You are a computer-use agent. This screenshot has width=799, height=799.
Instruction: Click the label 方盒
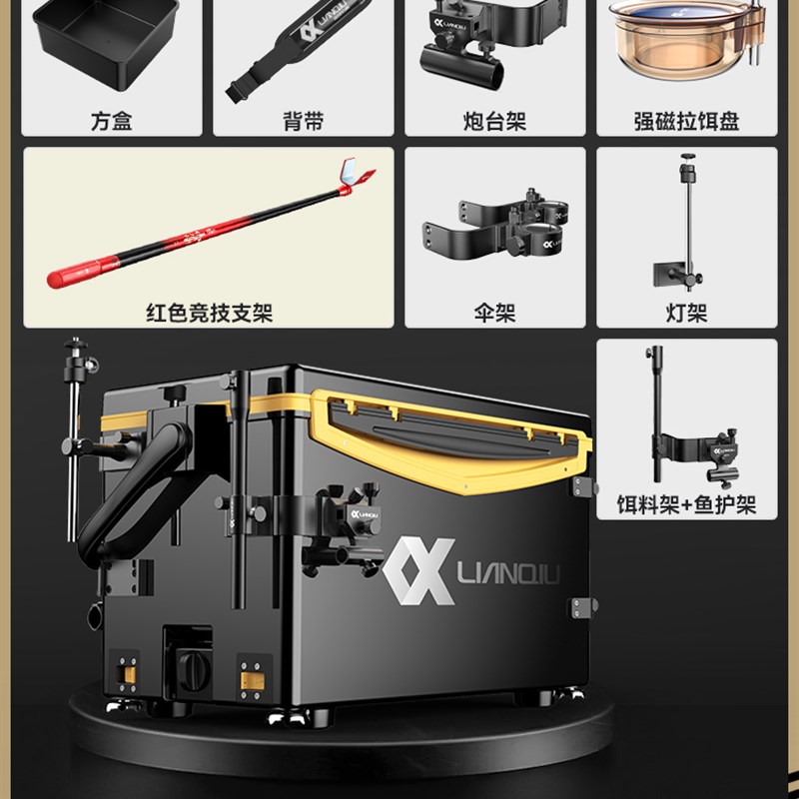tap(112, 121)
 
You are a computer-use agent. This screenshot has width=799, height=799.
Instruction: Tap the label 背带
tap(304, 121)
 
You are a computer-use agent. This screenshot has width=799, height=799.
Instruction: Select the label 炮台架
tap(494, 121)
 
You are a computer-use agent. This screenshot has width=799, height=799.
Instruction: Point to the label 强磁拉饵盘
tap(686, 121)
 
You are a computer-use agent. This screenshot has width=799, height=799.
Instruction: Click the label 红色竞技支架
tap(209, 313)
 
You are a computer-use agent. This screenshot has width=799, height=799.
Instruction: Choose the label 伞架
tap(494, 313)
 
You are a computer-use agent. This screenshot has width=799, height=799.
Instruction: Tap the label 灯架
tap(686, 313)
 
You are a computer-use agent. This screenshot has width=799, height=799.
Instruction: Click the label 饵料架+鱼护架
tap(686, 504)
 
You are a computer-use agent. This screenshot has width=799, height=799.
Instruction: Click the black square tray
tap(106, 43)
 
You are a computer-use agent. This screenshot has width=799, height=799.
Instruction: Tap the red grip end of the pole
tap(82, 272)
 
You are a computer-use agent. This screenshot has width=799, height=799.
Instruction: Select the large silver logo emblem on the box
tap(418, 570)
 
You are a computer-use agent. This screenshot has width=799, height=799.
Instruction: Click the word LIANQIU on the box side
tap(508, 572)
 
